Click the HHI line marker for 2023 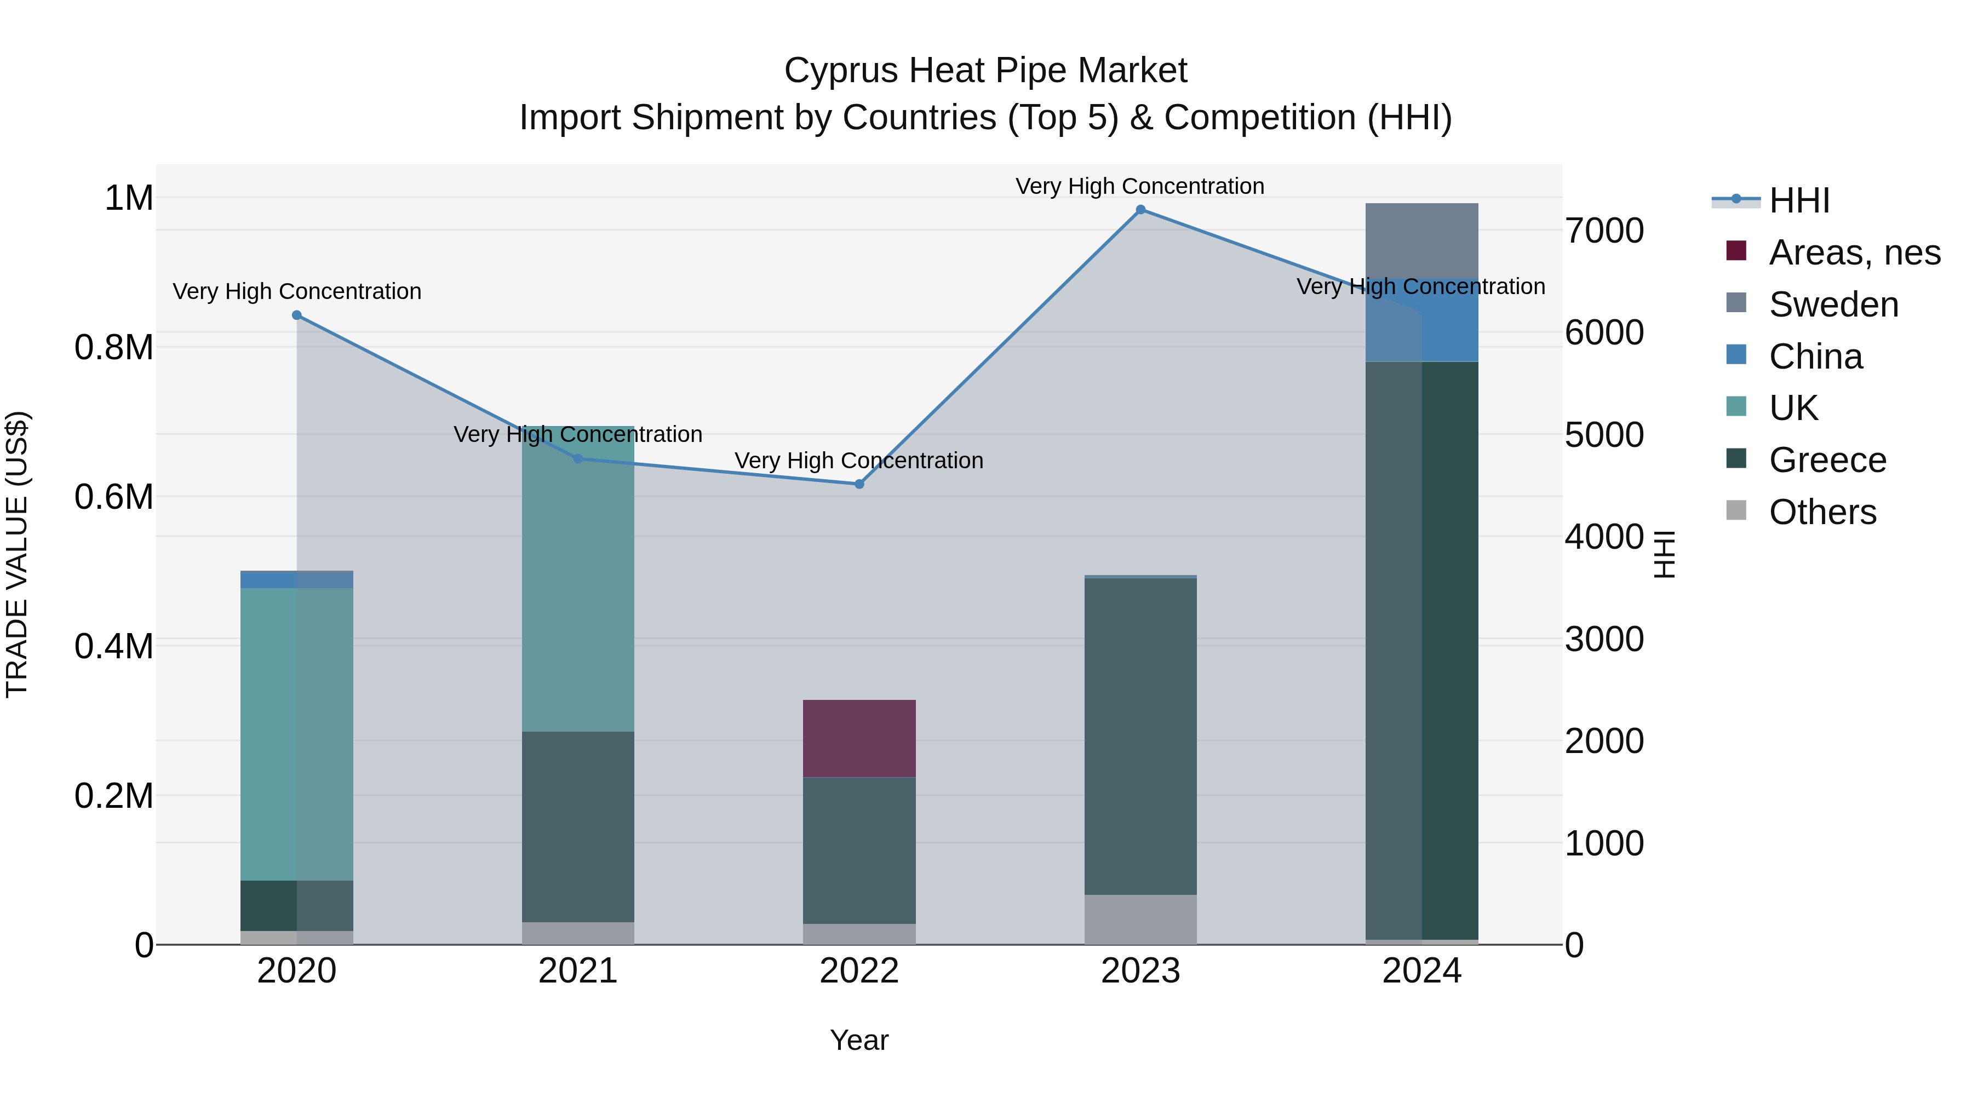pyautogui.click(x=1140, y=210)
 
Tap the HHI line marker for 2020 pyautogui.click(x=297, y=315)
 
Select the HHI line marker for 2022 pyautogui.click(x=859, y=484)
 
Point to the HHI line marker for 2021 pyautogui.click(x=578, y=458)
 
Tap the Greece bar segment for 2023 pyautogui.click(x=1140, y=736)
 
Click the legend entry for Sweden pyautogui.click(x=1833, y=304)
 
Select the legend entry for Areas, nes pyautogui.click(x=1854, y=252)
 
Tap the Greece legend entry pyautogui.click(x=1827, y=460)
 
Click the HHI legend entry pyautogui.click(x=1799, y=200)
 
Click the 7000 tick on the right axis pyautogui.click(x=1604, y=231)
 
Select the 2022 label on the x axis pyautogui.click(x=859, y=971)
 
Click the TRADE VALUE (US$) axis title pyautogui.click(x=17, y=554)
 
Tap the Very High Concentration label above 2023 pyautogui.click(x=1139, y=186)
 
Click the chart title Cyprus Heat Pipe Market pyautogui.click(x=985, y=71)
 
